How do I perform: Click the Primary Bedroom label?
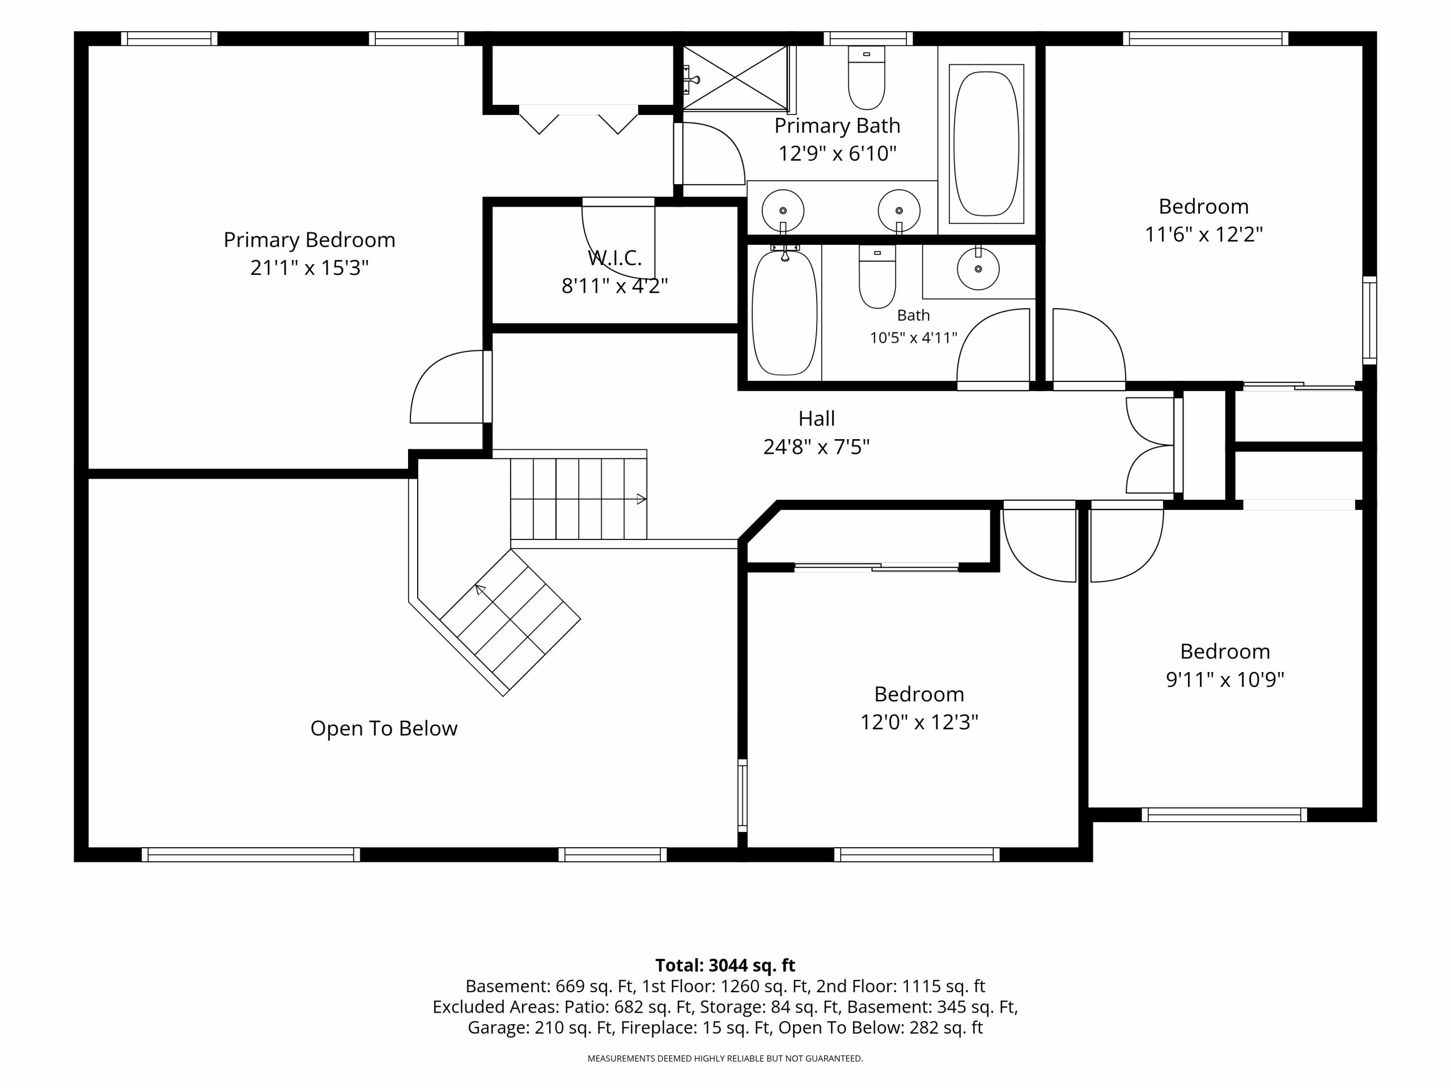[309, 241]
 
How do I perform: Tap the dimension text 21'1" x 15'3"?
[309, 267]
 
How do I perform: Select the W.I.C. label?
[614, 258]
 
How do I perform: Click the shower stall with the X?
[735, 78]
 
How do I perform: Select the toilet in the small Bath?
[877, 276]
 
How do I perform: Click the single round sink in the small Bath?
[978, 268]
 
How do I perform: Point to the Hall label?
[817, 418]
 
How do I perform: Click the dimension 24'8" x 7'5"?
[817, 447]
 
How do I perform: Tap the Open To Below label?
[384, 728]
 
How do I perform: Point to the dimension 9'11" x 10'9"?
[1225, 679]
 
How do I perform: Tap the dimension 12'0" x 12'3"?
[919, 722]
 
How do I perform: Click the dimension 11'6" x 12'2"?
[1204, 234]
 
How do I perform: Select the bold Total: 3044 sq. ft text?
[725, 966]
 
